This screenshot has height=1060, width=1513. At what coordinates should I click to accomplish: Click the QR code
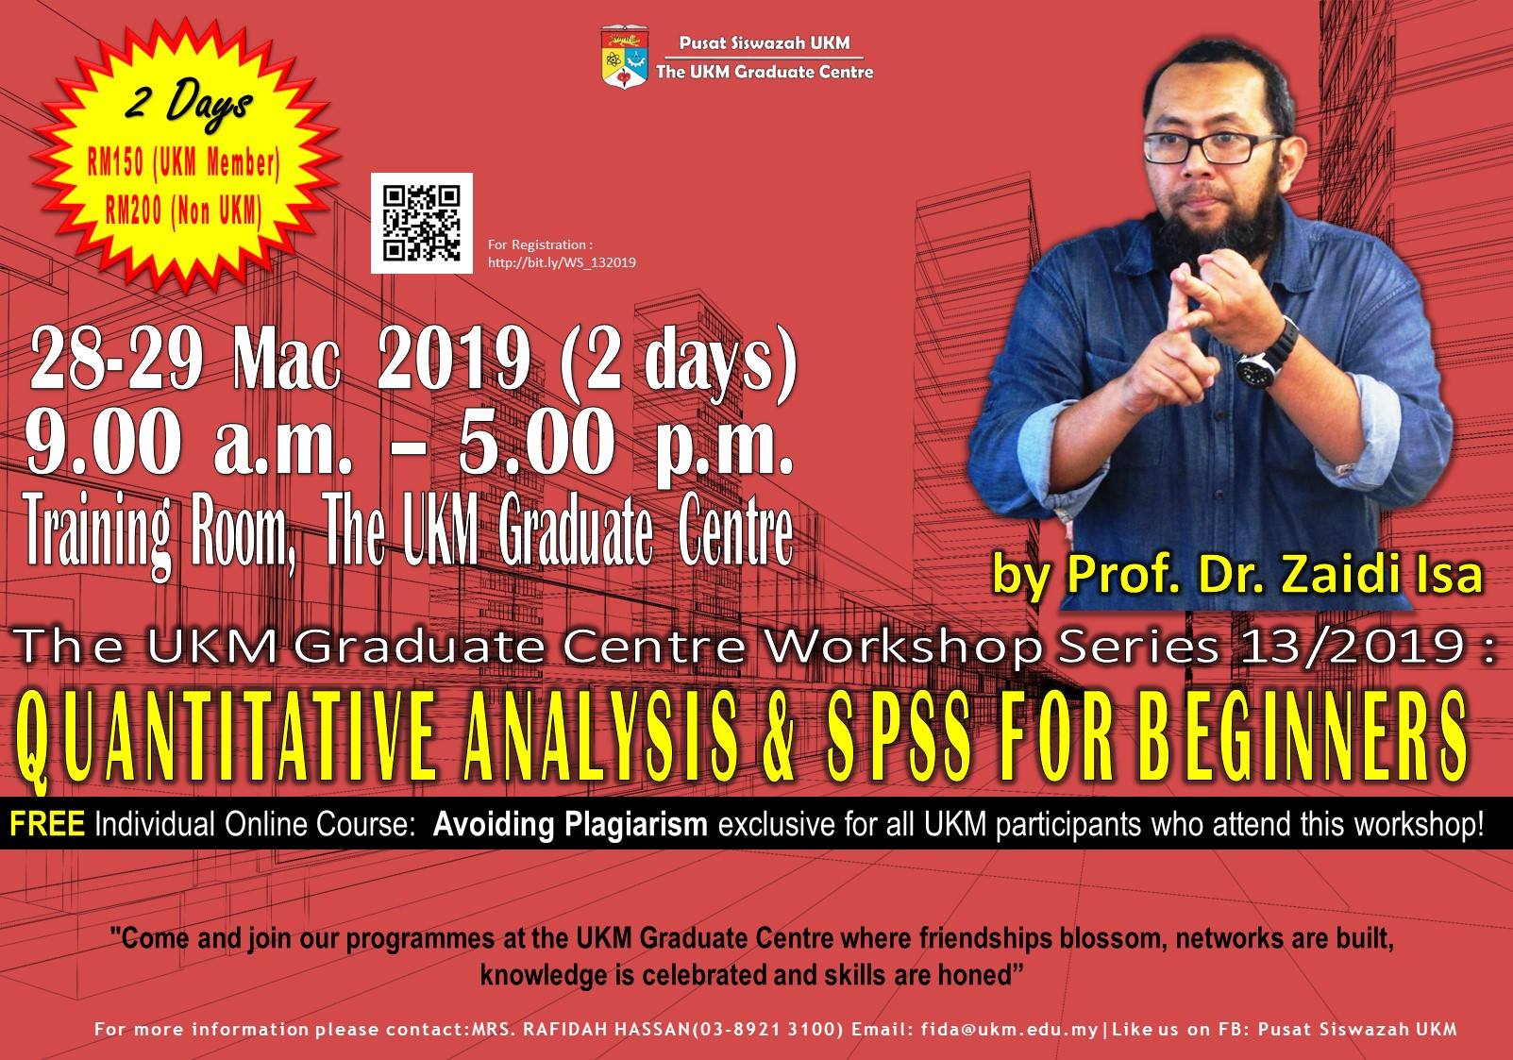tap(422, 223)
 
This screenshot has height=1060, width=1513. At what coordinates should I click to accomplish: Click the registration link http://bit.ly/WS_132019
tap(562, 262)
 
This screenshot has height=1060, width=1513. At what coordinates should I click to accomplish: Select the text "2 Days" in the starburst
tap(189, 105)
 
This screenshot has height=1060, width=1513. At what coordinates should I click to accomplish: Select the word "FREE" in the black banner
tap(47, 824)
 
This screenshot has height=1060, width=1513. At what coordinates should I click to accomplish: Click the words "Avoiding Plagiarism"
tap(571, 825)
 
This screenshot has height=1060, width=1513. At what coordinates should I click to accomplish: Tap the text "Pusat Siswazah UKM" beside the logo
tap(765, 42)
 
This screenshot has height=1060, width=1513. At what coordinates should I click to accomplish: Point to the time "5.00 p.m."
tap(626, 443)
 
